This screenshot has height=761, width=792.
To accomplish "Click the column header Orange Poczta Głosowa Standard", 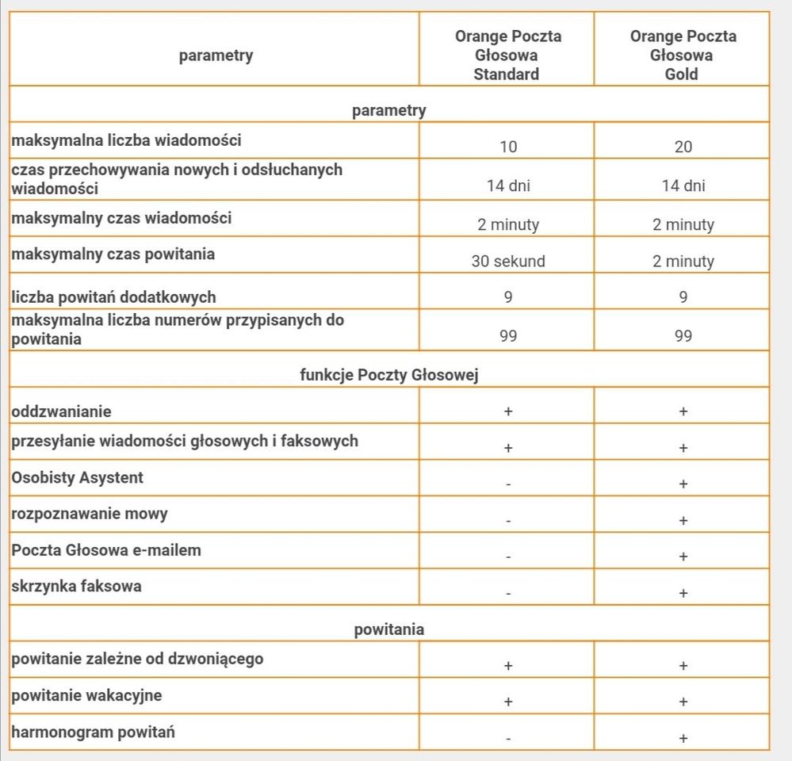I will (507, 55).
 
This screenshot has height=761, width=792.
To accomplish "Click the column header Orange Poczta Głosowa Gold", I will (683, 55).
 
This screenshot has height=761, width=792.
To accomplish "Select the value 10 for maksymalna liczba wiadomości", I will (508, 147).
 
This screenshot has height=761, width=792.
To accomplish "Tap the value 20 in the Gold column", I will (683, 147).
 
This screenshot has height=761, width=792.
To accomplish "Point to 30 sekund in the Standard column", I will (508, 261).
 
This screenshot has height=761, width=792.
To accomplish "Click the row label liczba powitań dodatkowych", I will (113, 297).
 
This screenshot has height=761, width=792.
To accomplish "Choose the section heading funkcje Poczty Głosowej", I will (388, 375).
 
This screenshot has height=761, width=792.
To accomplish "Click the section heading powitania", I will (388, 629).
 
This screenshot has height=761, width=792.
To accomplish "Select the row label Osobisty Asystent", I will (78, 477).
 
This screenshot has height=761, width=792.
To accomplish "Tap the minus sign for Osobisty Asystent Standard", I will (508, 484).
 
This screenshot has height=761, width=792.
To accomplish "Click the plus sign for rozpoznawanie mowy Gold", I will (683, 521).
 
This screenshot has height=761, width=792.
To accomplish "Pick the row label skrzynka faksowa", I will (76, 587).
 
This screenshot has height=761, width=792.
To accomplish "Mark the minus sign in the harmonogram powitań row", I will (508, 739).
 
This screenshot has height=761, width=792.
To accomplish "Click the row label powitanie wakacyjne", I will (86, 695).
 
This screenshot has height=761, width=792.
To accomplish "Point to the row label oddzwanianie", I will (61, 411).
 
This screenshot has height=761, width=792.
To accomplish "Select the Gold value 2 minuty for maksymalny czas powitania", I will (683, 261).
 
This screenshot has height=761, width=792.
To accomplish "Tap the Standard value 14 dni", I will (508, 185).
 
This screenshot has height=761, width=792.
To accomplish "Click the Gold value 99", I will (683, 336).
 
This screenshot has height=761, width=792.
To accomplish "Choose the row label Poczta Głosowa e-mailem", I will (106, 549).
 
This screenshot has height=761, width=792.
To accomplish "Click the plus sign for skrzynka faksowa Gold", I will (683, 593).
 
